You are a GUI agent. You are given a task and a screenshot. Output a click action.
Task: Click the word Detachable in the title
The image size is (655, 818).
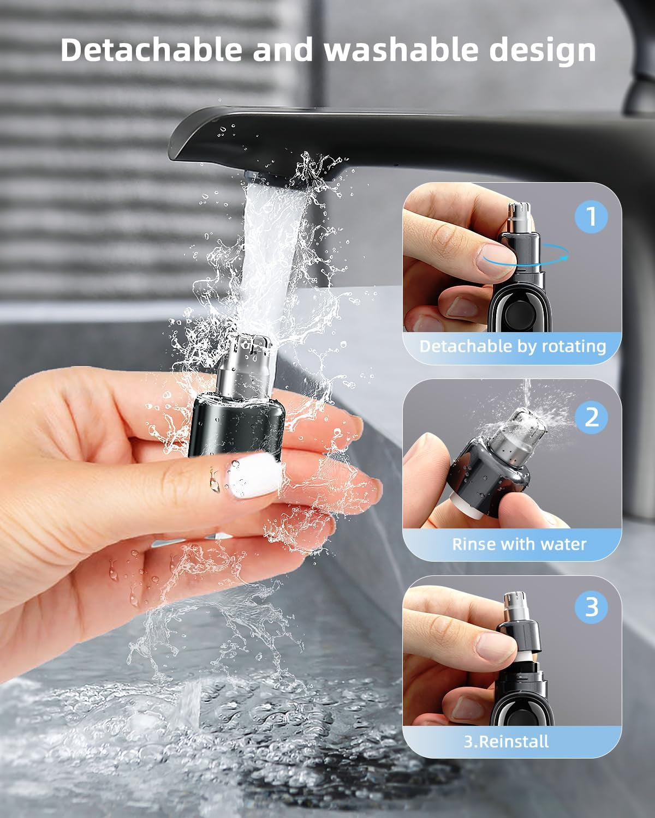pyautogui.click(x=151, y=50)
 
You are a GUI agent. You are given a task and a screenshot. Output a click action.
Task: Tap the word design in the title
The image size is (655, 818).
pyautogui.click(x=542, y=50)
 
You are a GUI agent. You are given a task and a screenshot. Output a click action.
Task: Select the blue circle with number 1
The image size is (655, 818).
pyautogui.click(x=591, y=216)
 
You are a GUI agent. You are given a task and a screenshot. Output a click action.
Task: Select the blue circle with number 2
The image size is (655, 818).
pyautogui.click(x=591, y=417)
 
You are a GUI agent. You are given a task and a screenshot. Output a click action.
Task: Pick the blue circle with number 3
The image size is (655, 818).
pyautogui.click(x=591, y=607)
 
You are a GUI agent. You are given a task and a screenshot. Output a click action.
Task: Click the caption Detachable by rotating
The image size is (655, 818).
pyautogui.click(x=512, y=346)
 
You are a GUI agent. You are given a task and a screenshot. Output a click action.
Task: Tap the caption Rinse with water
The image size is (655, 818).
pyautogui.click(x=519, y=544)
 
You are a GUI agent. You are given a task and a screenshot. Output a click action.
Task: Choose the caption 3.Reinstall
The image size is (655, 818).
pyautogui.click(x=506, y=741)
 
